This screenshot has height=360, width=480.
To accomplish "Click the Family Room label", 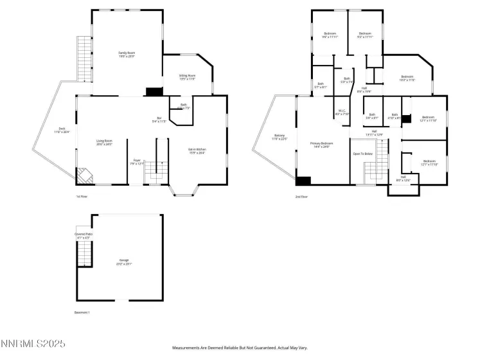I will click(x=126, y=55).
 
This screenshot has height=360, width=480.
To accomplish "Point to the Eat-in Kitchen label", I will click(x=197, y=151).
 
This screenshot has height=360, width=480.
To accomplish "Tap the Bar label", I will click(x=159, y=120).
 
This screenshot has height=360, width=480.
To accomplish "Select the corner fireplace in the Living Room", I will click(x=84, y=175).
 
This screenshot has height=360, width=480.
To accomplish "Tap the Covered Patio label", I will click(x=84, y=235).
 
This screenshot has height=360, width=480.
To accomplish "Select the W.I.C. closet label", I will click(x=342, y=112).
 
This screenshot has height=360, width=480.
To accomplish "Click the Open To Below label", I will click(x=362, y=154).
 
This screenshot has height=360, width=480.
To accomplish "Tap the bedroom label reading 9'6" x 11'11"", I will click(x=330, y=35).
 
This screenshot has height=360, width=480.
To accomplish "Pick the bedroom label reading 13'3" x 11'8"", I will click(x=407, y=78).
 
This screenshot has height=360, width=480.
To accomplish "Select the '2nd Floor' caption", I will click(x=301, y=196).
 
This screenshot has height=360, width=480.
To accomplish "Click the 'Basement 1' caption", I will click(x=83, y=312).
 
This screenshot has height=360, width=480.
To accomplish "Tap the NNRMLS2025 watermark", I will click(x=33, y=345).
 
